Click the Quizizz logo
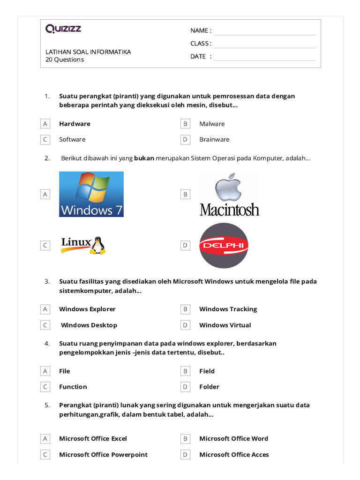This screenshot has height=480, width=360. (x=63, y=29)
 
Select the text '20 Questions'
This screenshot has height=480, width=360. (x=65, y=60)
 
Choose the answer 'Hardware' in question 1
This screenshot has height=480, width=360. (x=75, y=124)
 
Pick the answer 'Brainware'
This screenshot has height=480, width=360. (x=214, y=139)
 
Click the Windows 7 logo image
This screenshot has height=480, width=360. (x=91, y=194)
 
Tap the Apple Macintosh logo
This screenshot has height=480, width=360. (x=229, y=194)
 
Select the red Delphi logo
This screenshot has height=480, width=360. (x=224, y=245)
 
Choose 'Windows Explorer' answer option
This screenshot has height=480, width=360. (x=87, y=309)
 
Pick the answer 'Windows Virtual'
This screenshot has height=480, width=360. (x=225, y=325)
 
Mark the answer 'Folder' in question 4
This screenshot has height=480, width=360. (x=209, y=387)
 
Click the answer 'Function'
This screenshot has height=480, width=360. (x=73, y=387)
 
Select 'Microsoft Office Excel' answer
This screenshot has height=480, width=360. (x=93, y=439)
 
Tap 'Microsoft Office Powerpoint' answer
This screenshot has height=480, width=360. (x=103, y=455)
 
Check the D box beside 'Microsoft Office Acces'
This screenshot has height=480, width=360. (x=186, y=455)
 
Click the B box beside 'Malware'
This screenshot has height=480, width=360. (x=186, y=124)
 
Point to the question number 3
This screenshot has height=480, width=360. (x=47, y=282)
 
